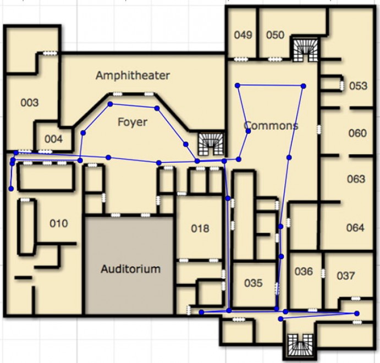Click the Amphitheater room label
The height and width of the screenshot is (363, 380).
[133, 75]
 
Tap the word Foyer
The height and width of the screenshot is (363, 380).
[133, 122]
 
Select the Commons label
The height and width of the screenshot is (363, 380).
[271, 125]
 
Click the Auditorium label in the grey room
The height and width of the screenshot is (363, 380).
[131, 269]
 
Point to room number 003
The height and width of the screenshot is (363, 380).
[30, 103]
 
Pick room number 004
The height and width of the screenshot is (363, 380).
[53, 139]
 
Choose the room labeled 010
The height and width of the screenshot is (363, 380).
[59, 223]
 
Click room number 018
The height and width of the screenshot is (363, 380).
[200, 228]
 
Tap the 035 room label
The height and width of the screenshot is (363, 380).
[254, 283]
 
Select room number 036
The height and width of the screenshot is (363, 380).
[304, 271]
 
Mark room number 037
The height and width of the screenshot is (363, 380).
[346, 276]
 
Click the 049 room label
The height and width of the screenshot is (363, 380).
[243, 35]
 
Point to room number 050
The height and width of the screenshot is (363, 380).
[276, 35]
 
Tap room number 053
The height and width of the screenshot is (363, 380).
[358, 86]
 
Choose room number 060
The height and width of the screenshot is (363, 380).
[357, 133]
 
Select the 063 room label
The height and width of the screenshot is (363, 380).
[356, 179]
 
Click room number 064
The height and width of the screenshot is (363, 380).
[355, 228]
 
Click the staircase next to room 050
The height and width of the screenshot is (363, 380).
[305, 50]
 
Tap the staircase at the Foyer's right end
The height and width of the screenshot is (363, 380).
[211, 144]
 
